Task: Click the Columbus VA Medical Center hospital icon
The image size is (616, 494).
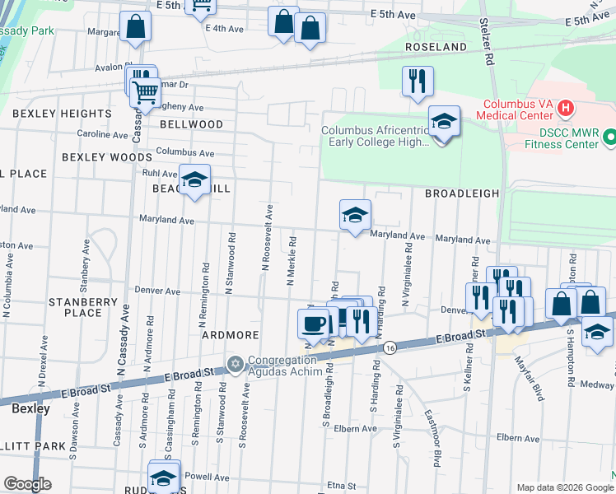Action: (x=565, y=107)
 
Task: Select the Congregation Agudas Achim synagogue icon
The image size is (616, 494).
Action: (x=235, y=363)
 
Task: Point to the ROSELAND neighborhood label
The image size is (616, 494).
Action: (x=436, y=48)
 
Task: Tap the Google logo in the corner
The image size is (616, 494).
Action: (x=27, y=484)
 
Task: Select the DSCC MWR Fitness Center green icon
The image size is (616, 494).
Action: (x=609, y=136)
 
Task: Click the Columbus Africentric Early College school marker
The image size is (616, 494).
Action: (x=444, y=123)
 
